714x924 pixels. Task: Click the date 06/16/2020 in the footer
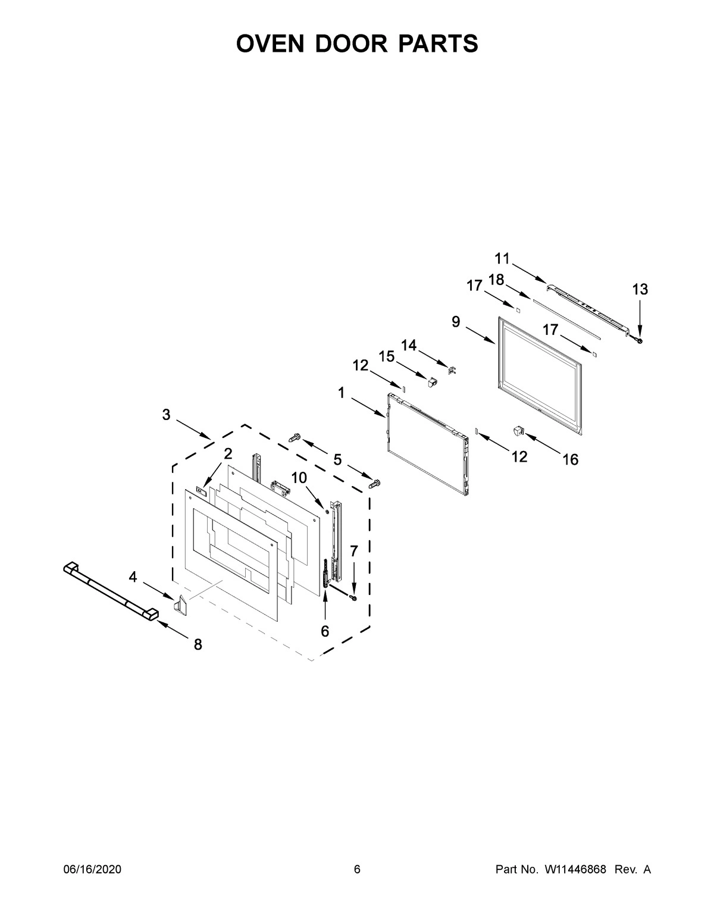tap(92, 870)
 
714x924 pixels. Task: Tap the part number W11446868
tap(574, 870)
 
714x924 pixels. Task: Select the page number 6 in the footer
tap(357, 870)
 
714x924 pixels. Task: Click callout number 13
tap(640, 290)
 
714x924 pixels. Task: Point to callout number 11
tap(502, 259)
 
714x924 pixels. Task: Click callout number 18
tap(496, 280)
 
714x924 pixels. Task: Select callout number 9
tap(456, 322)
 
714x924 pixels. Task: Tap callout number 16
tap(570, 459)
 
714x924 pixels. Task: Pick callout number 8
tap(198, 644)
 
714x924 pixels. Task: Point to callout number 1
tap(342, 393)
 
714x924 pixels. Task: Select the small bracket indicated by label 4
tap(180, 605)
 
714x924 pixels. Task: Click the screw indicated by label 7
tap(353, 597)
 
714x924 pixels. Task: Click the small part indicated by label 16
tap(517, 430)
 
